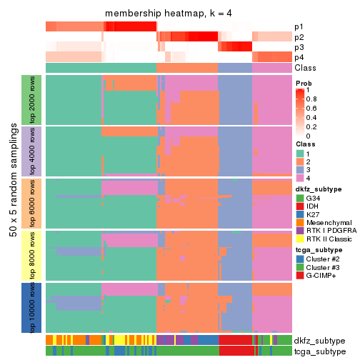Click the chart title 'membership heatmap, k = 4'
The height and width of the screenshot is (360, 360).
point(169,14)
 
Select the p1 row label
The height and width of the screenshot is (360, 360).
point(299,26)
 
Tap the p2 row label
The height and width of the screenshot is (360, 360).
point(299,37)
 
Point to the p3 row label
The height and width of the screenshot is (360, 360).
point(299,47)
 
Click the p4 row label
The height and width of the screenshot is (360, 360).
point(299,57)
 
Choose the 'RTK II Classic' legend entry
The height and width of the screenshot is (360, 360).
point(328,249)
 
